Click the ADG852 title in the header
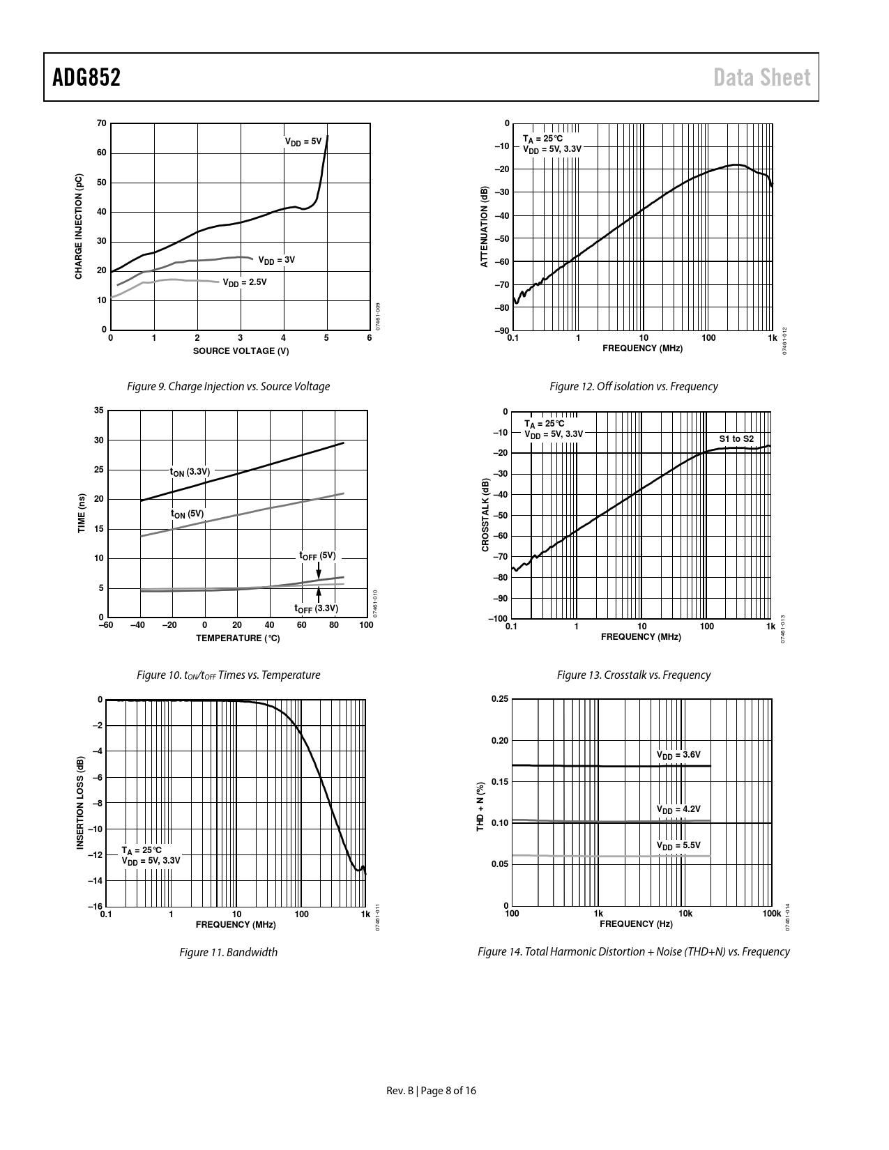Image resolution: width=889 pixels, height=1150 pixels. coord(86,77)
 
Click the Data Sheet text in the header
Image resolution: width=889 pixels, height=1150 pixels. coord(762,77)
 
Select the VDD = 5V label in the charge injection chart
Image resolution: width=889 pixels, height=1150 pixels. coord(303,141)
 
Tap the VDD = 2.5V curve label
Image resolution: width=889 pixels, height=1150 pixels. coord(245,282)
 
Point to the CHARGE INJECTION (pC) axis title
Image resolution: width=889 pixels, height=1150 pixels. coord(79,227)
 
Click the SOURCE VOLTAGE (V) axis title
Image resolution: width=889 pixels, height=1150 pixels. coord(241,351)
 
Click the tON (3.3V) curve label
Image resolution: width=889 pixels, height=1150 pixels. coord(190,472)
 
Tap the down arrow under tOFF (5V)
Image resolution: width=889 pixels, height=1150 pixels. coord(319,570)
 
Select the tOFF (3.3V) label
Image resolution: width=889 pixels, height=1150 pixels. coord(316,608)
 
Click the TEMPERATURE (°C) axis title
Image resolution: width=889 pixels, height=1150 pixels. coord(238,638)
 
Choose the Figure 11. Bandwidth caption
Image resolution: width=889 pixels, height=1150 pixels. coord(228,952)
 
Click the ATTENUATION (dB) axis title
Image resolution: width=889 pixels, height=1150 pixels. coord(483,227)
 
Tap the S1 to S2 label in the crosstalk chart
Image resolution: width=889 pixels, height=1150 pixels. coord(736,439)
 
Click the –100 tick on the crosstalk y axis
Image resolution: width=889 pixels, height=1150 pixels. coord(498,619)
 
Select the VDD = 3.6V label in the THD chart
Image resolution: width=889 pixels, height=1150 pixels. coord(678,755)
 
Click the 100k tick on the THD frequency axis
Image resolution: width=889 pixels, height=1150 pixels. coord(771,914)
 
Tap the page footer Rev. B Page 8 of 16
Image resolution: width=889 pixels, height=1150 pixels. coord(432,1091)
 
